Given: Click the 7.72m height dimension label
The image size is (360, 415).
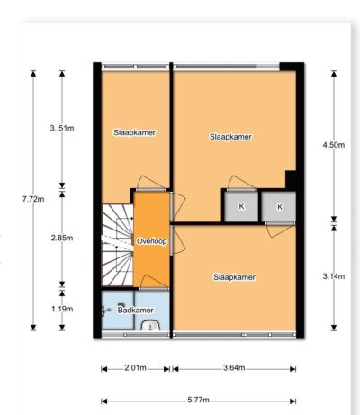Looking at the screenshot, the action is pos(33,199).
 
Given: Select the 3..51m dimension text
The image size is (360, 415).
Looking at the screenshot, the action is pos(62,128).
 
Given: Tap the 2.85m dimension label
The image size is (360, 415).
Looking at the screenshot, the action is pos(62,238).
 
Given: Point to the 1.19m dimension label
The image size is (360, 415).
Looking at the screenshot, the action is pos(62,309).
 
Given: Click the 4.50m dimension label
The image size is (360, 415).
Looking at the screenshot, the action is pos(334,145).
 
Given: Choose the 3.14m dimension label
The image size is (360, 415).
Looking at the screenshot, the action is pos(334,276).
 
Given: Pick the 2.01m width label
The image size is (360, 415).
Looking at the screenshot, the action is pos(136,367).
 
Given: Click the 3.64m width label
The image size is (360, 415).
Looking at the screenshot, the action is pos(234,367).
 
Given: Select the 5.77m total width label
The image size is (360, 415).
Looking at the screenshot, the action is pos(198,400).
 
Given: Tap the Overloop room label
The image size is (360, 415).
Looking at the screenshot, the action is pos(152,241).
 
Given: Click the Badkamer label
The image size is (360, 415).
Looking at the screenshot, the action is pos(136,310).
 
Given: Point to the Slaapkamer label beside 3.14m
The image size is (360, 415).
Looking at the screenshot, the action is pos(234,277).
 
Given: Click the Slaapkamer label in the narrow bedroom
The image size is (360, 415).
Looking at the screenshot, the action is pos(134,132).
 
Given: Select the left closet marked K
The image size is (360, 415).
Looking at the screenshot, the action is pos(241,206).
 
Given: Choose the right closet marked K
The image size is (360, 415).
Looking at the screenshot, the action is pos(280,207).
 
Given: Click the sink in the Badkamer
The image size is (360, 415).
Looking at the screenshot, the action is pos(150,326).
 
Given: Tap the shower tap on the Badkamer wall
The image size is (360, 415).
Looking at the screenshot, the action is pos(104,310).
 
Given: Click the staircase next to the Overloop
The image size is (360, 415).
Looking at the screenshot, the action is pos(117,245).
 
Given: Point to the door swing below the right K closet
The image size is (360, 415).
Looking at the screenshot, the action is pos(280,230).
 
